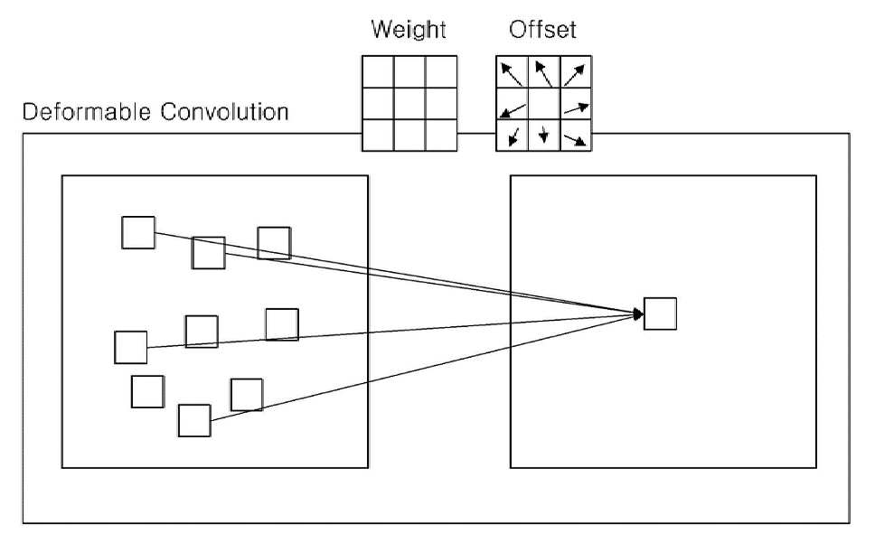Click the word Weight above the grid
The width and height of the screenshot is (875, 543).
[x=409, y=30]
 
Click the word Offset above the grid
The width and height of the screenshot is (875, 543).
[x=542, y=29]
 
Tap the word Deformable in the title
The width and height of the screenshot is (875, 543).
[x=87, y=111]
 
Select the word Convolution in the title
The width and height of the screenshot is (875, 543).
[x=225, y=111]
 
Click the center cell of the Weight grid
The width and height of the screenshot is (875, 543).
[x=409, y=104]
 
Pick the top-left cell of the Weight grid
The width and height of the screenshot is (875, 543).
[x=379, y=72]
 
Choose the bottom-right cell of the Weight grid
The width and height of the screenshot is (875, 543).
[x=441, y=135]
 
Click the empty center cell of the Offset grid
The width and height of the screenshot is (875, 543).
[x=544, y=104]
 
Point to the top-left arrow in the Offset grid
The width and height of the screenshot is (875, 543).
[x=511, y=74]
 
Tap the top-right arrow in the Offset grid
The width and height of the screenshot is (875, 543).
[x=574, y=75]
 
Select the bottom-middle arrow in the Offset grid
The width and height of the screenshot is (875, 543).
[x=543, y=135]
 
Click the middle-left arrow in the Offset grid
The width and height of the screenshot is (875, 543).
[x=513, y=110]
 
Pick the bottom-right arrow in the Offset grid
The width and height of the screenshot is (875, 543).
[x=575, y=140]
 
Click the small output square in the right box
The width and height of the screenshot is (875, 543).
[x=660, y=314]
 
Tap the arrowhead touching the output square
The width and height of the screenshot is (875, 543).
[x=638, y=314]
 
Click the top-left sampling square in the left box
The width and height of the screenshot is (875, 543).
[x=138, y=232]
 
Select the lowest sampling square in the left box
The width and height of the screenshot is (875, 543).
[x=194, y=420]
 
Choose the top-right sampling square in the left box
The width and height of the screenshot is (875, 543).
[x=274, y=243]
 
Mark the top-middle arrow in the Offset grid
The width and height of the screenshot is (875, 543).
[x=543, y=74]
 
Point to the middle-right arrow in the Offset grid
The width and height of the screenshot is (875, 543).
[x=576, y=108]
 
